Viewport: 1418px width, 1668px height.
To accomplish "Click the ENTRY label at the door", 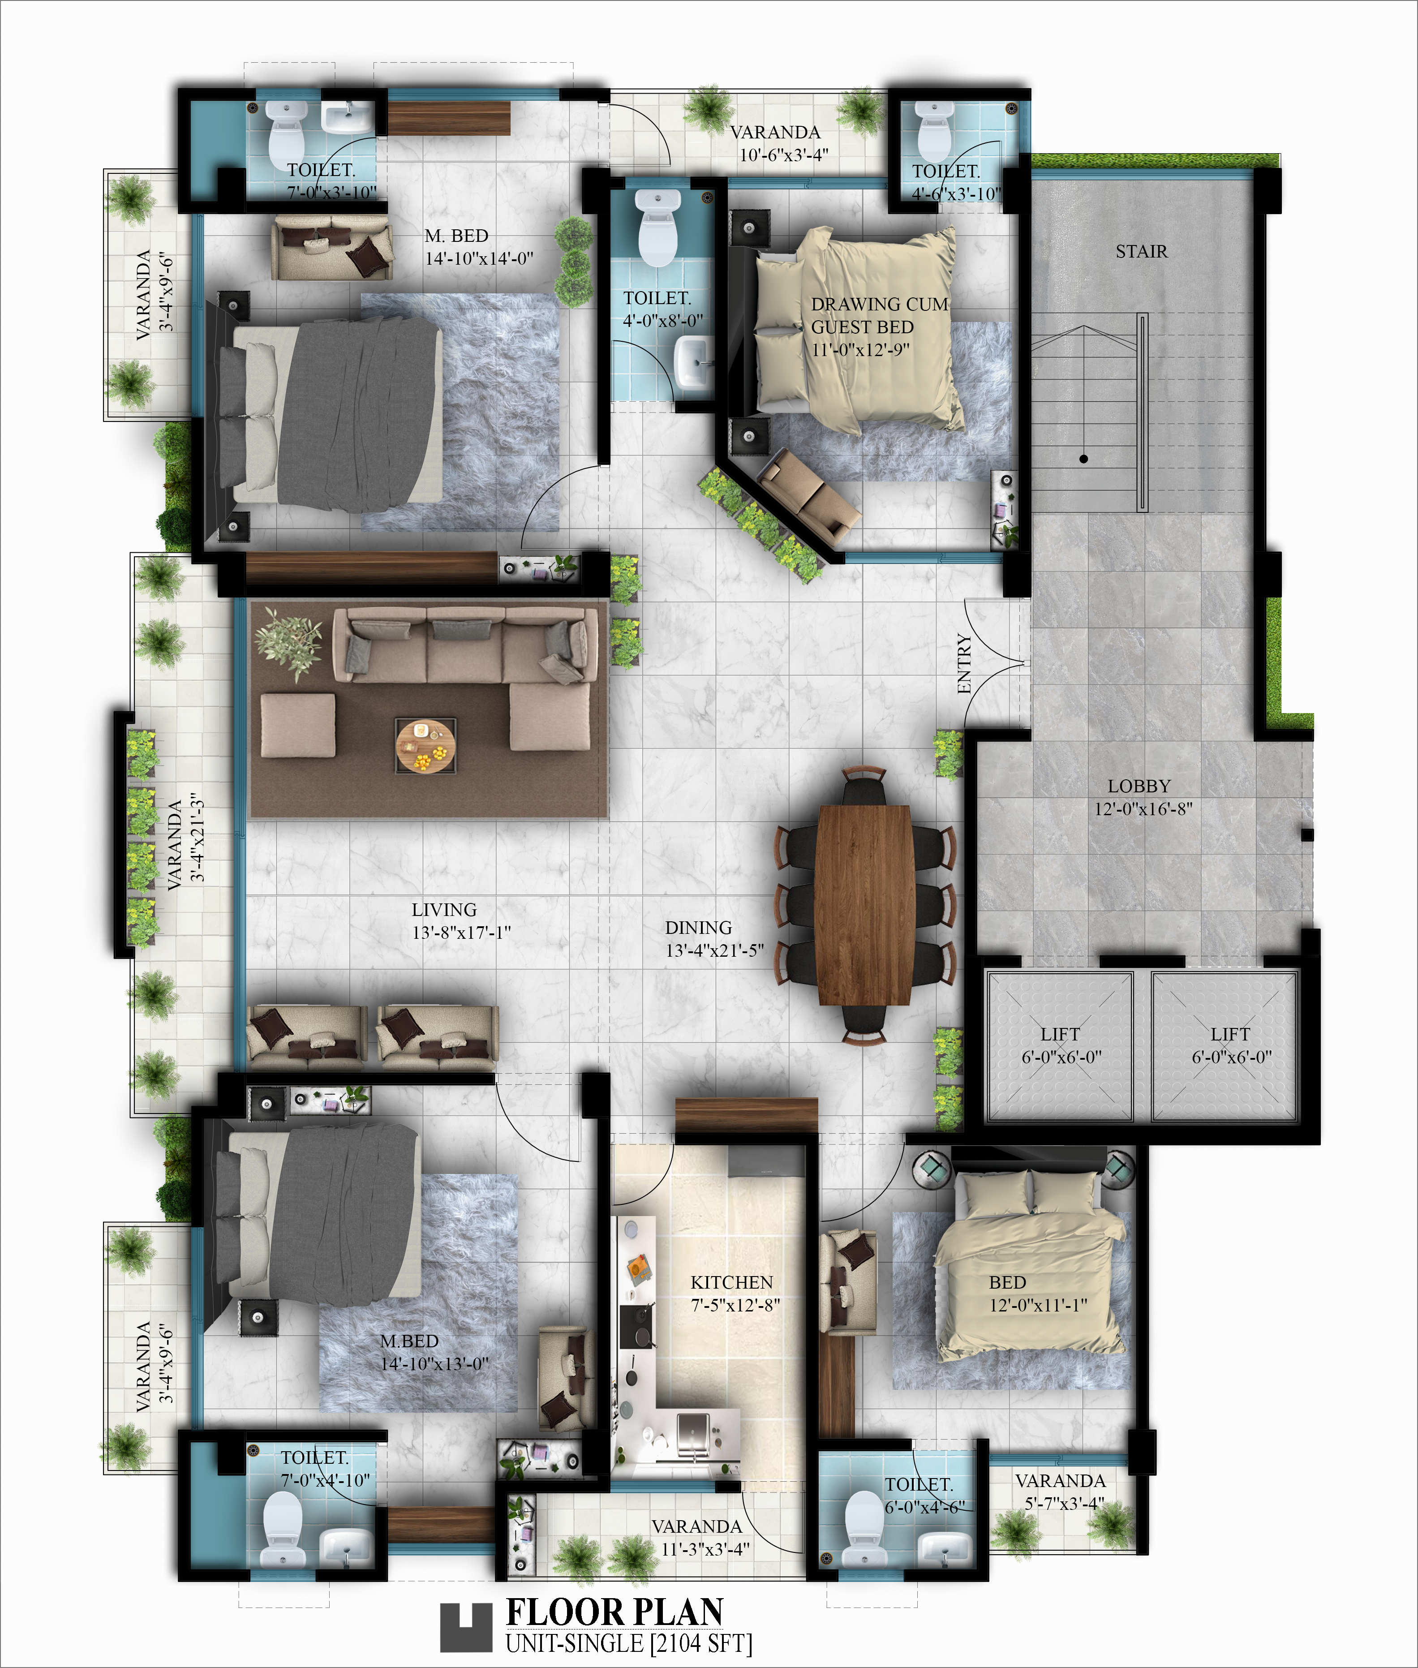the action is coord(965,663).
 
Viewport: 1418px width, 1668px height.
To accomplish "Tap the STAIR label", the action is coord(1142,252).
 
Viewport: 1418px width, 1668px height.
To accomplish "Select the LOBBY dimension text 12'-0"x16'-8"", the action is coord(1142,808).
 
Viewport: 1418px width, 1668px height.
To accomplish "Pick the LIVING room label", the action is coord(445,910).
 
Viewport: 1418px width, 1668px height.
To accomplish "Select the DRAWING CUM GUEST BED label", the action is coord(879,316).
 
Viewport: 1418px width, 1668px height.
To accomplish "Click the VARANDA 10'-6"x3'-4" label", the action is coord(775,143).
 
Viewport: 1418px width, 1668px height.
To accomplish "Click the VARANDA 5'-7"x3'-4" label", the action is coord(1060,1492).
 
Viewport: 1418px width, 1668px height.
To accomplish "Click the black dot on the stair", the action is coord(1083,459).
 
